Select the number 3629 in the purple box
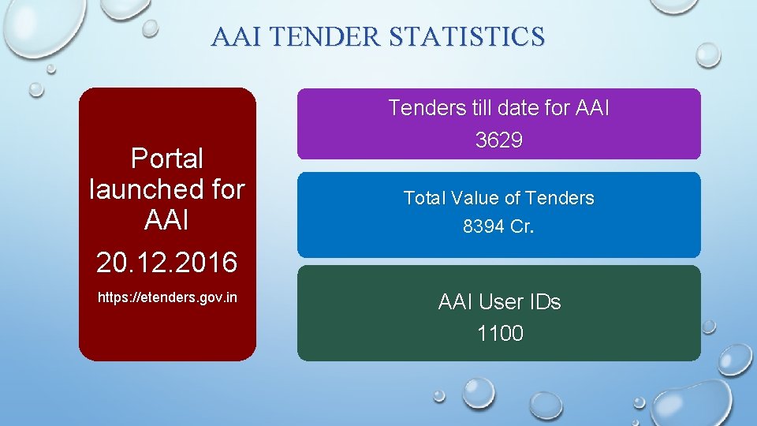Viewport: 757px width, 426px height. (498, 140)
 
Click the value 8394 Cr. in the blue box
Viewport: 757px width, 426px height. (498, 227)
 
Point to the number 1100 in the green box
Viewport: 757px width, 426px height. (500, 334)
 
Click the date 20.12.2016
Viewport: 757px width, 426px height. (166, 262)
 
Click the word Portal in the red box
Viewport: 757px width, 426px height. (166, 159)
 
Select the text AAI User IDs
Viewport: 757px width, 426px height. (499, 302)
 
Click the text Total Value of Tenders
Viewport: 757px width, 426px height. (498, 198)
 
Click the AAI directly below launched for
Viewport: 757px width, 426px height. (166, 221)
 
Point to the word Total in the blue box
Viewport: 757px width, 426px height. (425, 198)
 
